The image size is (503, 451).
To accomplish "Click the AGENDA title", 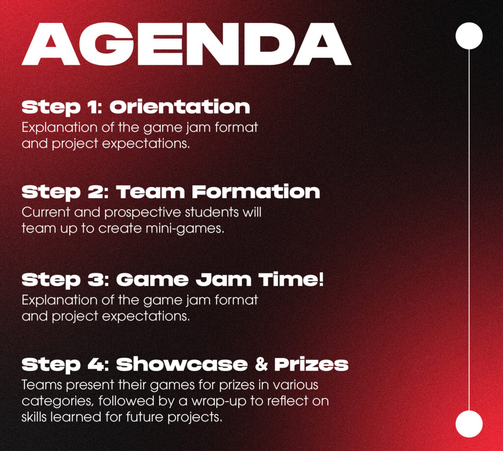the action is (187, 44).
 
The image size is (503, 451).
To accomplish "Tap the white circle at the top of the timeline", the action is (469, 36).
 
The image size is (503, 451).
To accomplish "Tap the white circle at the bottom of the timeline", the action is (469, 424).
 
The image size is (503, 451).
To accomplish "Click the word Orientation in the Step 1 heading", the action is (180, 107).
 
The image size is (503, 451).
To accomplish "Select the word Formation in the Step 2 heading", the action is (255, 192).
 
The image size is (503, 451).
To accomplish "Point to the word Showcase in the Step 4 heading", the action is (182, 364).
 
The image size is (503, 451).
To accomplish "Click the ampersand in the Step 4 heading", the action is (261, 365).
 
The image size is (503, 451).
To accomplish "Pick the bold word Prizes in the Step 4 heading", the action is (311, 365).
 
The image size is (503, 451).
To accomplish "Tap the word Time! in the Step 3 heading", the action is (291, 280).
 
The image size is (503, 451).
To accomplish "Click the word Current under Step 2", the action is (46, 212).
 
